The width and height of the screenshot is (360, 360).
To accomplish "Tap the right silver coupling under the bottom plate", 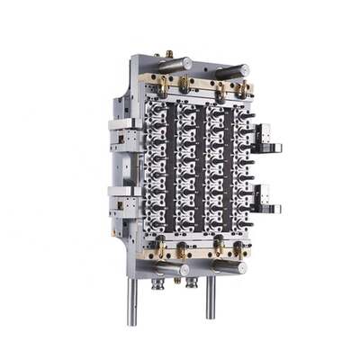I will pos(192,282).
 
